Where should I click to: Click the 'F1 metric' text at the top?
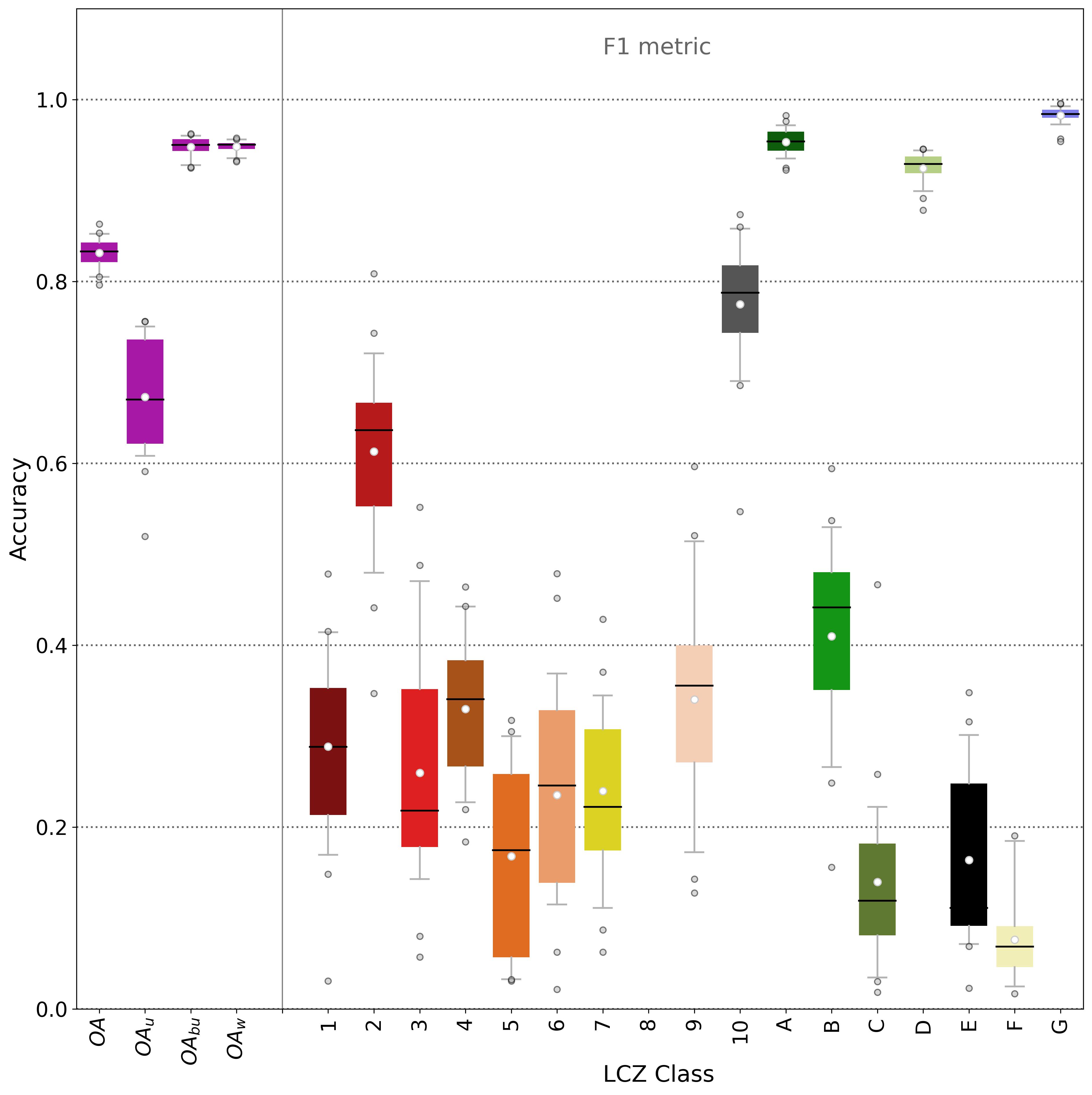pos(657,46)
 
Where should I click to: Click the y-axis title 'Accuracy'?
pos(19,509)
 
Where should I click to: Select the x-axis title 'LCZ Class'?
pos(658,1073)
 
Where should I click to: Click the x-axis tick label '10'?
pos(740,1031)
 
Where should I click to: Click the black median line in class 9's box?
pos(694,686)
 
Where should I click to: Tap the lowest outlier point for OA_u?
pos(145,536)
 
